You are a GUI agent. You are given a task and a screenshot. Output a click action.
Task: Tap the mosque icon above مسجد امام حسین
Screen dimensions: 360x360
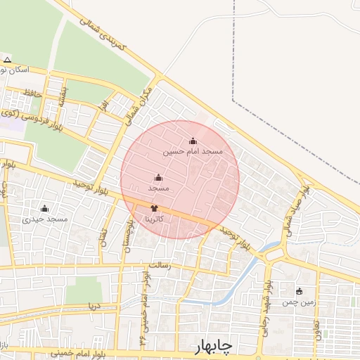193,141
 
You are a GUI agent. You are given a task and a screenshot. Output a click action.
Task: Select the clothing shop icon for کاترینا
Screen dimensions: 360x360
155,208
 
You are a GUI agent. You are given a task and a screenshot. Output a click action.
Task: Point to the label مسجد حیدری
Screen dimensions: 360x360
45,219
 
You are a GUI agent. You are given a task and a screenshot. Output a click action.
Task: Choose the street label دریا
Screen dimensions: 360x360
91,307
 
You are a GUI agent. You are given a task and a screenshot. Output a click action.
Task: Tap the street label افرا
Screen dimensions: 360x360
103,107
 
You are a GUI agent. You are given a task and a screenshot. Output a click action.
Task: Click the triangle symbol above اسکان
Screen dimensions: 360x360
7,60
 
